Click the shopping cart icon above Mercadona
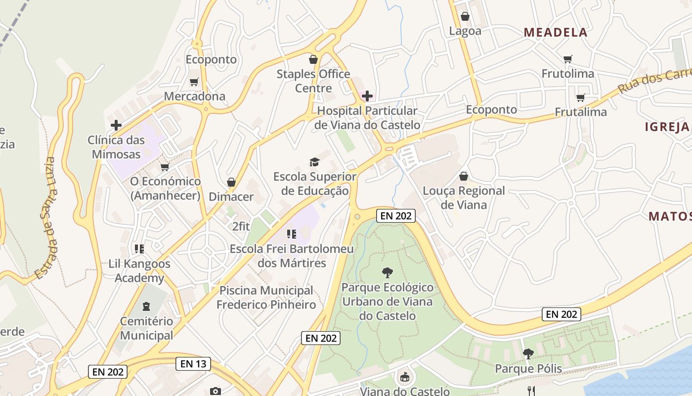(x=194, y=82)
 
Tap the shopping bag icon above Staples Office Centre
(x=313, y=60)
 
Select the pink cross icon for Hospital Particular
(x=367, y=96)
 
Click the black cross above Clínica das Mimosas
(x=116, y=125)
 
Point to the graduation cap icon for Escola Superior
(x=314, y=162)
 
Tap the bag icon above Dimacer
(x=231, y=182)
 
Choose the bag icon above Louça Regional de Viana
(x=464, y=176)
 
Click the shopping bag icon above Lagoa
(x=465, y=16)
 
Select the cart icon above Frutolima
(x=568, y=59)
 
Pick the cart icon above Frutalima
(x=580, y=98)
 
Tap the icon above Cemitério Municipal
(x=146, y=307)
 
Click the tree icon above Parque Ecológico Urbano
(x=388, y=272)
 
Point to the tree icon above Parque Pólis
(x=528, y=354)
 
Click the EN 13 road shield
(x=193, y=364)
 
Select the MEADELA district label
(x=556, y=33)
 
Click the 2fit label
(x=241, y=227)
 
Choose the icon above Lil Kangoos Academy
(x=139, y=248)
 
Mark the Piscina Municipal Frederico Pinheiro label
(x=267, y=297)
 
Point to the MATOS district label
(x=670, y=216)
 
